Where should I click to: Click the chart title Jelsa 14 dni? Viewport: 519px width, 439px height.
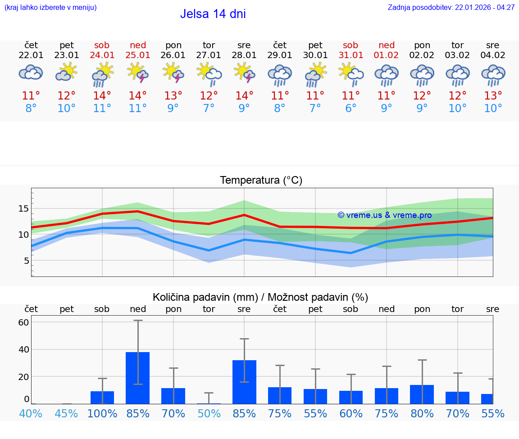(x=213, y=14)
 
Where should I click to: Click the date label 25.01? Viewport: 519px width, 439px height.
(x=138, y=55)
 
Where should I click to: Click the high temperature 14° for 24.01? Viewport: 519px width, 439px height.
(x=102, y=96)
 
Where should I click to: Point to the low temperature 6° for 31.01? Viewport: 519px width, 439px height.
(x=351, y=108)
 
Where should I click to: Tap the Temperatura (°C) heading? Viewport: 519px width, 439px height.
(x=261, y=180)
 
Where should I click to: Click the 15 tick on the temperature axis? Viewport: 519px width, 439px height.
(x=23, y=208)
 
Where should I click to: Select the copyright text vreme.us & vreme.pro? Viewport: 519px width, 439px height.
(x=385, y=215)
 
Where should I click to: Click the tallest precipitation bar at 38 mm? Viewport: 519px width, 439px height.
(x=137, y=378)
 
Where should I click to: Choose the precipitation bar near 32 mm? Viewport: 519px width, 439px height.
(x=244, y=382)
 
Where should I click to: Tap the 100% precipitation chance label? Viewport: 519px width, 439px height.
(x=102, y=413)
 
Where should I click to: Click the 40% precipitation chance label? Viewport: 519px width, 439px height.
(x=31, y=413)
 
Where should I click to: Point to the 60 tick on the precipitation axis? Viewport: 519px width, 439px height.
(x=23, y=322)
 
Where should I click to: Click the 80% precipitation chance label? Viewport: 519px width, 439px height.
(x=422, y=413)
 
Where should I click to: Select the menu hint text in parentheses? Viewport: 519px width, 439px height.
(x=50, y=7)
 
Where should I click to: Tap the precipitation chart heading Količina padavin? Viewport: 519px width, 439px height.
(x=260, y=297)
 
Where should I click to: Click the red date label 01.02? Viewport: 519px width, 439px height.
(x=386, y=55)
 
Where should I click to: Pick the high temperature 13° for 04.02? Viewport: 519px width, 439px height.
(x=493, y=96)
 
